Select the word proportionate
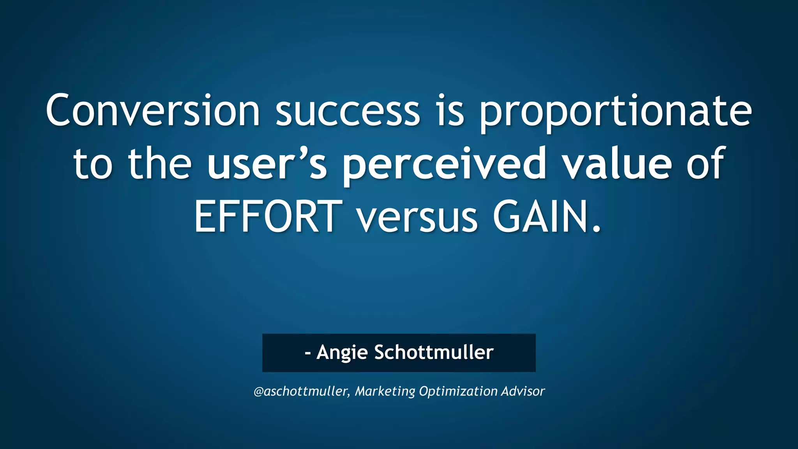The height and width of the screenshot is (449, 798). coord(615,113)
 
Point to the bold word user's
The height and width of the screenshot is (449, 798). coord(267,164)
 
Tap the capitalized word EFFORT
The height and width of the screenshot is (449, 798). coord(268,216)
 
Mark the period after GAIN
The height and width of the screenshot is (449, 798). coord(596,229)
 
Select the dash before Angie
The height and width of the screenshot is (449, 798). coord(308,353)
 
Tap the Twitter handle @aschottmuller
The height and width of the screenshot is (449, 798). coord(300,391)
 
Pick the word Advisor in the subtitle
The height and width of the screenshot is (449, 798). coord(523,391)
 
